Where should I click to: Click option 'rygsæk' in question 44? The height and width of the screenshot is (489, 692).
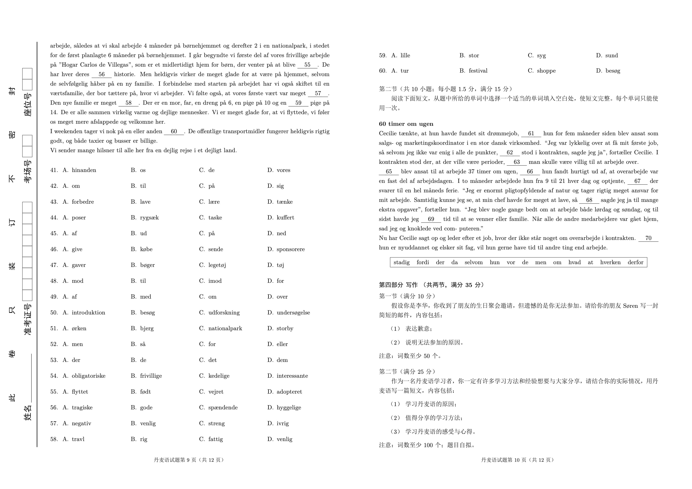pyautogui.click(x=149, y=218)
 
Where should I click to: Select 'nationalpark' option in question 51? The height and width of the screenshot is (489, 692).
pyautogui.click(x=225, y=328)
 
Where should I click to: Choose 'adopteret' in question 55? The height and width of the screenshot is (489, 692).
pyautogui.click(x=289, y=392)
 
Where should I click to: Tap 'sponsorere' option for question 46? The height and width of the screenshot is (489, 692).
pyautogui.click(x=291, y=249)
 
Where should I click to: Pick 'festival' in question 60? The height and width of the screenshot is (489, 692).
pyautogui.click(x=478, y=71)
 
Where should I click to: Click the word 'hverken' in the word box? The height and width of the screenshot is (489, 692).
pyautogui.click(x=610, y=262)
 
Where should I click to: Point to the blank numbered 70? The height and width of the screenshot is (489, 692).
pyautogui.click(x=648, y=238)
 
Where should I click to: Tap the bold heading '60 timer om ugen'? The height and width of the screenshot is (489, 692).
pyautogui.click(x=406, y=124)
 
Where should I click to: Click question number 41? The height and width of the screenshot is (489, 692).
pyautogui.click(x=54, y=170)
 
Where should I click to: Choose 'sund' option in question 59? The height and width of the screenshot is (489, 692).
pyautogui.click(x=611, y=55)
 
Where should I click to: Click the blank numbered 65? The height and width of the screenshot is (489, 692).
pyautogui.click(x=389, y=172)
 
